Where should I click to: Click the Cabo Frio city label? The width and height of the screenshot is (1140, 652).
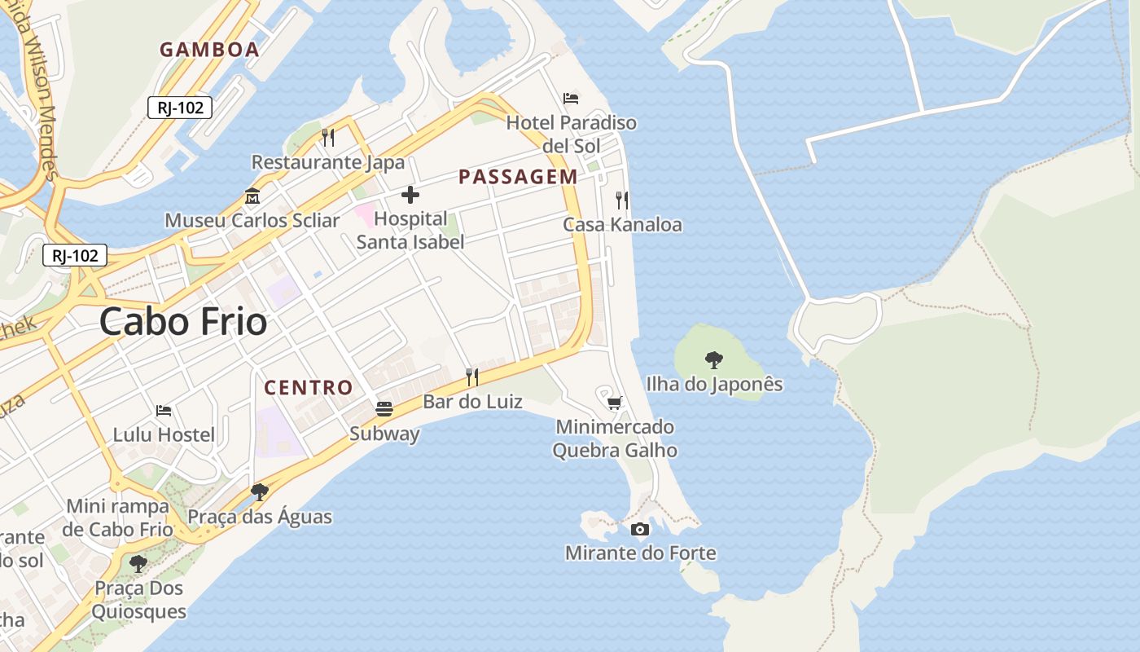tap(183, 322)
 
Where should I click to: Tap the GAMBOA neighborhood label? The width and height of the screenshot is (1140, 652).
tap(209, 50)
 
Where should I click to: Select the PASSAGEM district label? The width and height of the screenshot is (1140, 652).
tap(518, 177)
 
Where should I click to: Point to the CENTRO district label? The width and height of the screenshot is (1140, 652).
tap(309, 387)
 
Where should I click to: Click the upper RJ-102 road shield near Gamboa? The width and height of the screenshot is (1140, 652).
tap(180, 108)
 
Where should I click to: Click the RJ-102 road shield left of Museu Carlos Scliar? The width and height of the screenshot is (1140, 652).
tap(75, 256)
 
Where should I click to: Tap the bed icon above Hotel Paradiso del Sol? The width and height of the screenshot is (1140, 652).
tap(572, 99)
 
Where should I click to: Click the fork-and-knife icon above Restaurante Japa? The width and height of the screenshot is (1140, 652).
tap(328, 137)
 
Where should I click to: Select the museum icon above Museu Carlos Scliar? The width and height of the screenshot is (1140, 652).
tap(252, 196)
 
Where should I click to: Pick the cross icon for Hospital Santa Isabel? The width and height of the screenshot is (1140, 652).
tap(410, 195)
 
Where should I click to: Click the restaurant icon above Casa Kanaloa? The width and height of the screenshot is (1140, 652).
tap(622, 200)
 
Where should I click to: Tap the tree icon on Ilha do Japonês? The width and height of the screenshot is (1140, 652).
tap(714, 359)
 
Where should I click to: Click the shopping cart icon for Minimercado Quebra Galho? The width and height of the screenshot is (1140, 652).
tap(615, 403)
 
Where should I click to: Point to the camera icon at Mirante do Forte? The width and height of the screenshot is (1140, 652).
tap(641, 529)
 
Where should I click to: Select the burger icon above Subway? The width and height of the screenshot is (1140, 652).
tap(384, 409)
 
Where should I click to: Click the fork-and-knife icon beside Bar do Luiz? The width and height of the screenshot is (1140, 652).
tap(471, 377)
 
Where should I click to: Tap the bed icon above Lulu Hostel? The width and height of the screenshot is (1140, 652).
tap(164, 411)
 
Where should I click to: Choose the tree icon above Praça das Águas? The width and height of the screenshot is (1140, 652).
tap(260, 491)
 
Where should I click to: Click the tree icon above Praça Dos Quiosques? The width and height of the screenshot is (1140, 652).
tap(138, 563)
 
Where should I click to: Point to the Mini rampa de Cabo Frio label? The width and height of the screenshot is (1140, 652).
tap(118, 518)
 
